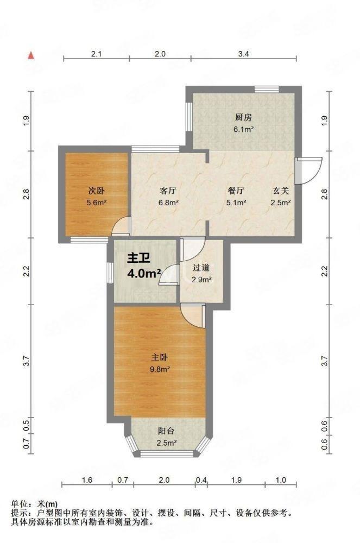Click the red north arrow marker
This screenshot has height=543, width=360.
click(x=31, y=55)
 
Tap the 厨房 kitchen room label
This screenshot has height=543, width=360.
click(x=243, y=117)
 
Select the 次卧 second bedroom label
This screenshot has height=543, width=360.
click(x=97, y=191)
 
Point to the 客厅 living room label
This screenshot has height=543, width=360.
click(x=168, y=191)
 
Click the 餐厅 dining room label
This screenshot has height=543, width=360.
click(x=236, y=191)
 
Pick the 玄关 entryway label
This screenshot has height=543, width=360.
click(x=280, y=191)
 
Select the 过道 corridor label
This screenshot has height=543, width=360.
click(x=201, y=268)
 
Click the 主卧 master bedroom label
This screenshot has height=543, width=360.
click(x=160, y=357)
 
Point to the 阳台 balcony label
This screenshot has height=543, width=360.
click(x=166, y=431)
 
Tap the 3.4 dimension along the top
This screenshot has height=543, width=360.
click(x=244, y=54)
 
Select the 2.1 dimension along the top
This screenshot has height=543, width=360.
click(x=96, y=54)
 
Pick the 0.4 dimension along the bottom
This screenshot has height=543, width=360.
click(x=201, y=480)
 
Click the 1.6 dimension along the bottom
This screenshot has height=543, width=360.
click(x=87, y=480)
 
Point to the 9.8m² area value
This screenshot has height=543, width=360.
click(x=160, y=369)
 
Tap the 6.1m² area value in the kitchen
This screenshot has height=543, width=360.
click(x=244, y=130)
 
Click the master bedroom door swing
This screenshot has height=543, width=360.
click(x=193, y=316)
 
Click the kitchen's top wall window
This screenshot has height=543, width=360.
click(x=267, y=90)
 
